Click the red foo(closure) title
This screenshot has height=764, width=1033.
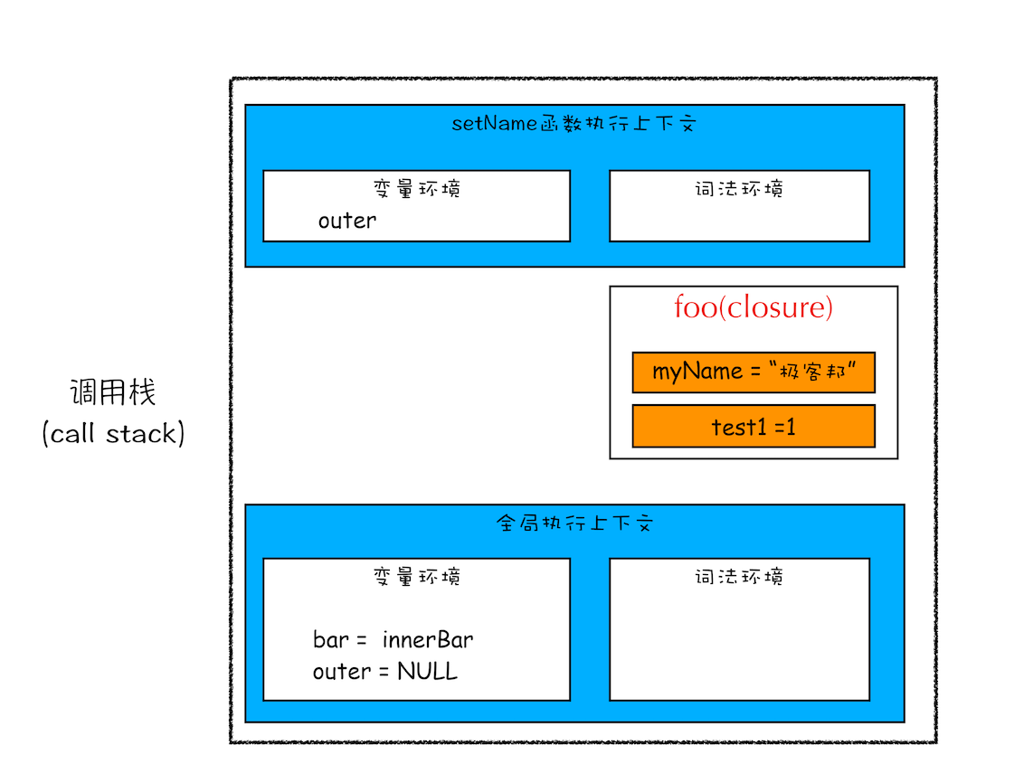pyautogui.click(x=753, y=307)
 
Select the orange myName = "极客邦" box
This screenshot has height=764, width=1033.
pyautogui.click(x=753, y=373)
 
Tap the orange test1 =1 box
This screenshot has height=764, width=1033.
pyautogui.click(x=753, y=426)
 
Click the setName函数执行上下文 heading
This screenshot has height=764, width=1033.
pyautogui.click(x=573, y=124)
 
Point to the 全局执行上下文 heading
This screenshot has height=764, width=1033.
pyautogui.click(x=573, y=523)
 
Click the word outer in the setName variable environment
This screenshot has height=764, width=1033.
pyautogui.click(x=346, y=221)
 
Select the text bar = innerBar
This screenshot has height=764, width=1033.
pyautogui.click(x=393, y=640)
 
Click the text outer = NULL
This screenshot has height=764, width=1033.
pyautogui.click(x=384, y=672)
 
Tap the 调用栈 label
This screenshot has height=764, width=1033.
pyautogui.click(x=112, y=393)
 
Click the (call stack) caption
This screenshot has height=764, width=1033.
pyautogui.click(x=112, y=434)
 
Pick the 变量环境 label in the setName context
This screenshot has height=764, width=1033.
pyautogui.click(x=416, y=189)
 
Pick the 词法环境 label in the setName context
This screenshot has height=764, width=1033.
pyautogui.click(x=738, y=189)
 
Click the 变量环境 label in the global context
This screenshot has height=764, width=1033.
pyautogui.click(x=416, y=577)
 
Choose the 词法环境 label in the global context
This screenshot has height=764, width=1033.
pyautogui.click(x=738, y=577)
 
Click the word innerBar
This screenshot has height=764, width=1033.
pyautogui.click(x=427, y=640)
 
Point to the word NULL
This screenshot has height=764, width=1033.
pyautogui.click(x=427, y=672)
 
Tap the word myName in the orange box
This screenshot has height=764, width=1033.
pyautogui.click(x=685, y=373)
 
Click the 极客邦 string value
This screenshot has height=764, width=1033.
pyautogui.click(x=812, y=373)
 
